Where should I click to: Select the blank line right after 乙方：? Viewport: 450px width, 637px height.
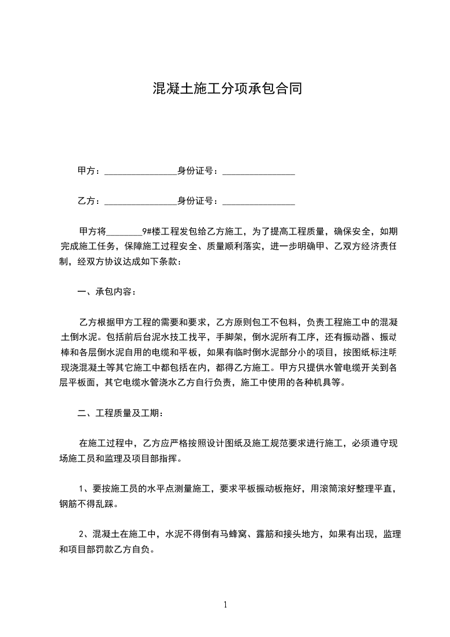pos(141,202)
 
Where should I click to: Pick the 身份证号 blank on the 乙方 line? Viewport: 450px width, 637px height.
pos(258,202)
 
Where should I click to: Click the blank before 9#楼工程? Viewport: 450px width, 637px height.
pos(124,233)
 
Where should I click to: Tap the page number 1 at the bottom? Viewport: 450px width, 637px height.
pos(225,605)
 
